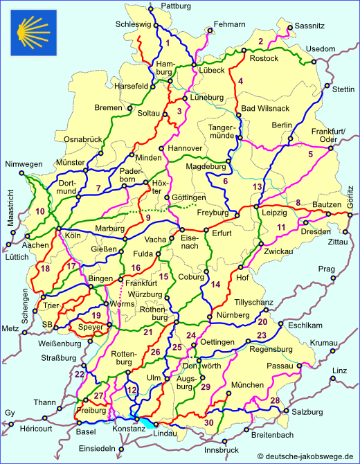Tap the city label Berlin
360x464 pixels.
(x=282, y=125)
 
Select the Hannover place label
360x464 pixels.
(x=185, y=148)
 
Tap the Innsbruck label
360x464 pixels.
(x=222, y=450)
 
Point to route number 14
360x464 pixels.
(x=215, y=284)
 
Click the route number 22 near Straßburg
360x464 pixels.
(x=80, y=375)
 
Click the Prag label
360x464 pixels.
(x=327, y=268)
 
